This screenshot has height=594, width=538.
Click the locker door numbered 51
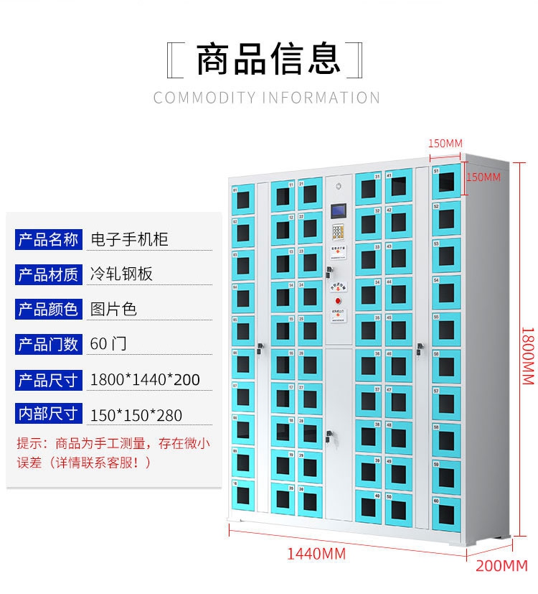[x=445, y=180]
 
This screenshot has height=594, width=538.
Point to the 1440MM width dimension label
[x=316, y=554]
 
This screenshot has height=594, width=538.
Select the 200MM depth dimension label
[x=501, y=565]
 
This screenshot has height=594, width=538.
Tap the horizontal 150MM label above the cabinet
[x=445, y=143]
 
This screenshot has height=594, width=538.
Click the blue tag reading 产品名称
[x=47, y=239]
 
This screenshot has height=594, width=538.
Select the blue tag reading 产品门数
[x=47, y=344]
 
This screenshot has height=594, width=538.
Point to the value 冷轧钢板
[x=122, y=274]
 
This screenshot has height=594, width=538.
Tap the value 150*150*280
[x=136, y=414]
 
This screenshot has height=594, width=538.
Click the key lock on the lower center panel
[x=330, y=435]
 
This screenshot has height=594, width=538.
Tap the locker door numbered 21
[x=310, y=194]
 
